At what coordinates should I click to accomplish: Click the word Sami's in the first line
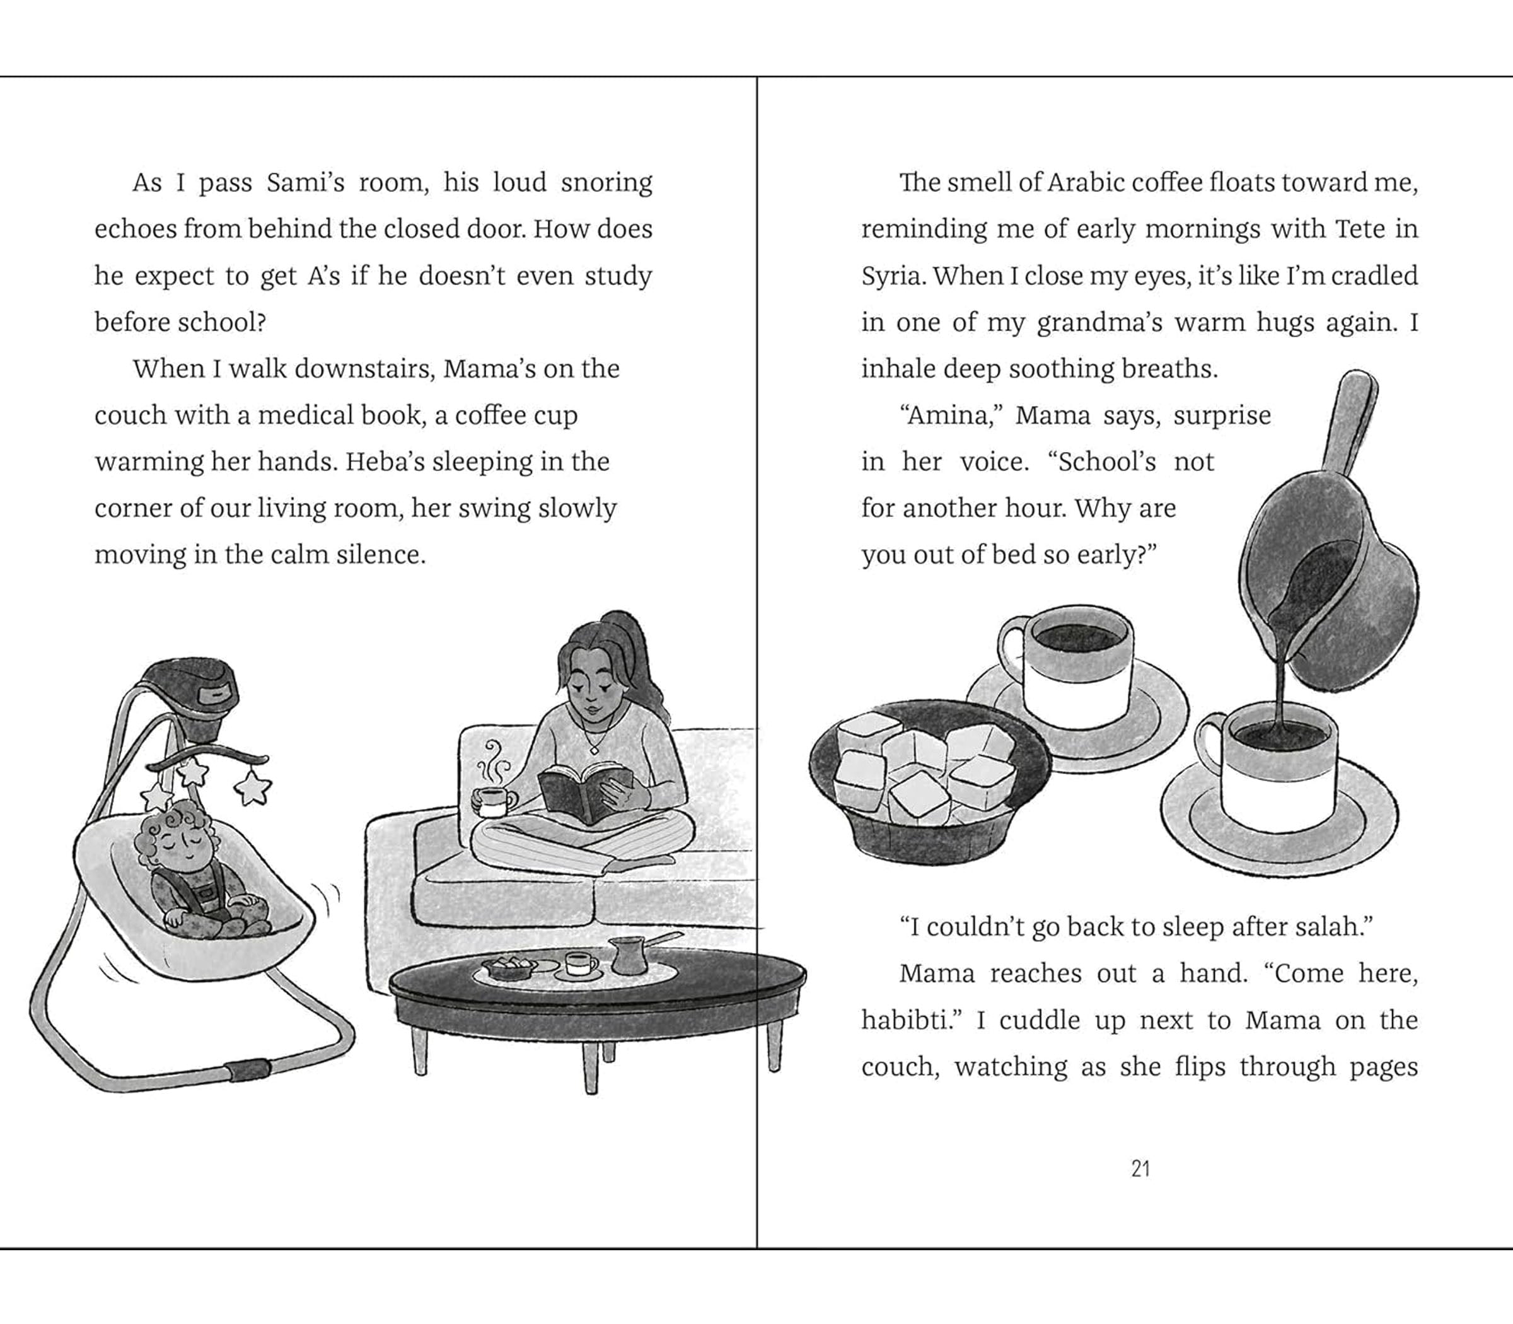[x=305, y=182]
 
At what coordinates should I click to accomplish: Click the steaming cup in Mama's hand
[x=494, y=801]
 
